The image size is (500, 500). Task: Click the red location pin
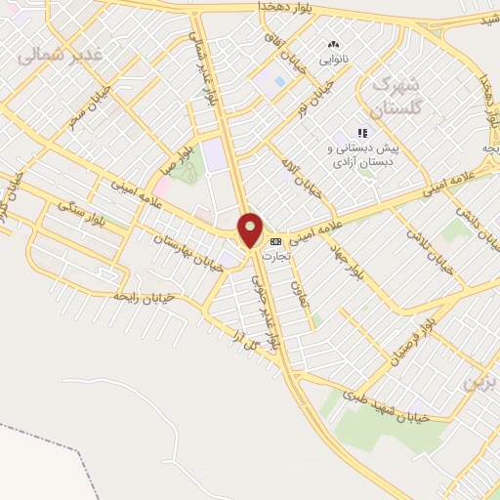tap(251, 229)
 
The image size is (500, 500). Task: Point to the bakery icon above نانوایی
tap(334, 44)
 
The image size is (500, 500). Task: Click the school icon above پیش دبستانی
tap(362, 132)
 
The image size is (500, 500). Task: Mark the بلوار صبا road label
tap(178, 155)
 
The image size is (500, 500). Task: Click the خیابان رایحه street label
tap(144, 295)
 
